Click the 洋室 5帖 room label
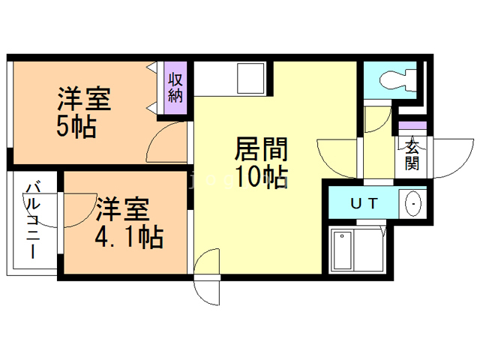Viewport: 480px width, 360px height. click(85, 113)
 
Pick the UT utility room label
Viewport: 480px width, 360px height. click(364, 203)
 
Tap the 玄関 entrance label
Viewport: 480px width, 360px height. click(412, 154)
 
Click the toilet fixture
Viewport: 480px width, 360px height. click(394, 78)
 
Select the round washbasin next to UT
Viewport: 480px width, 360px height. click(413, 203)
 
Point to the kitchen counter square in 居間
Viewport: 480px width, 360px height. click(248, 76)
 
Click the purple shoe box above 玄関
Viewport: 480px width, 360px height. click(412, 124)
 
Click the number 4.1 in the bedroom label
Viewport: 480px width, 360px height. click(113, 238)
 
